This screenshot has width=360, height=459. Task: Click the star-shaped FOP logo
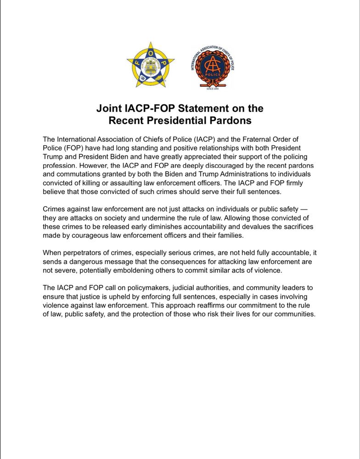(151, 66)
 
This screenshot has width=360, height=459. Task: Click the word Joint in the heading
(109, 109)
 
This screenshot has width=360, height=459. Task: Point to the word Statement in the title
(208, 109)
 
